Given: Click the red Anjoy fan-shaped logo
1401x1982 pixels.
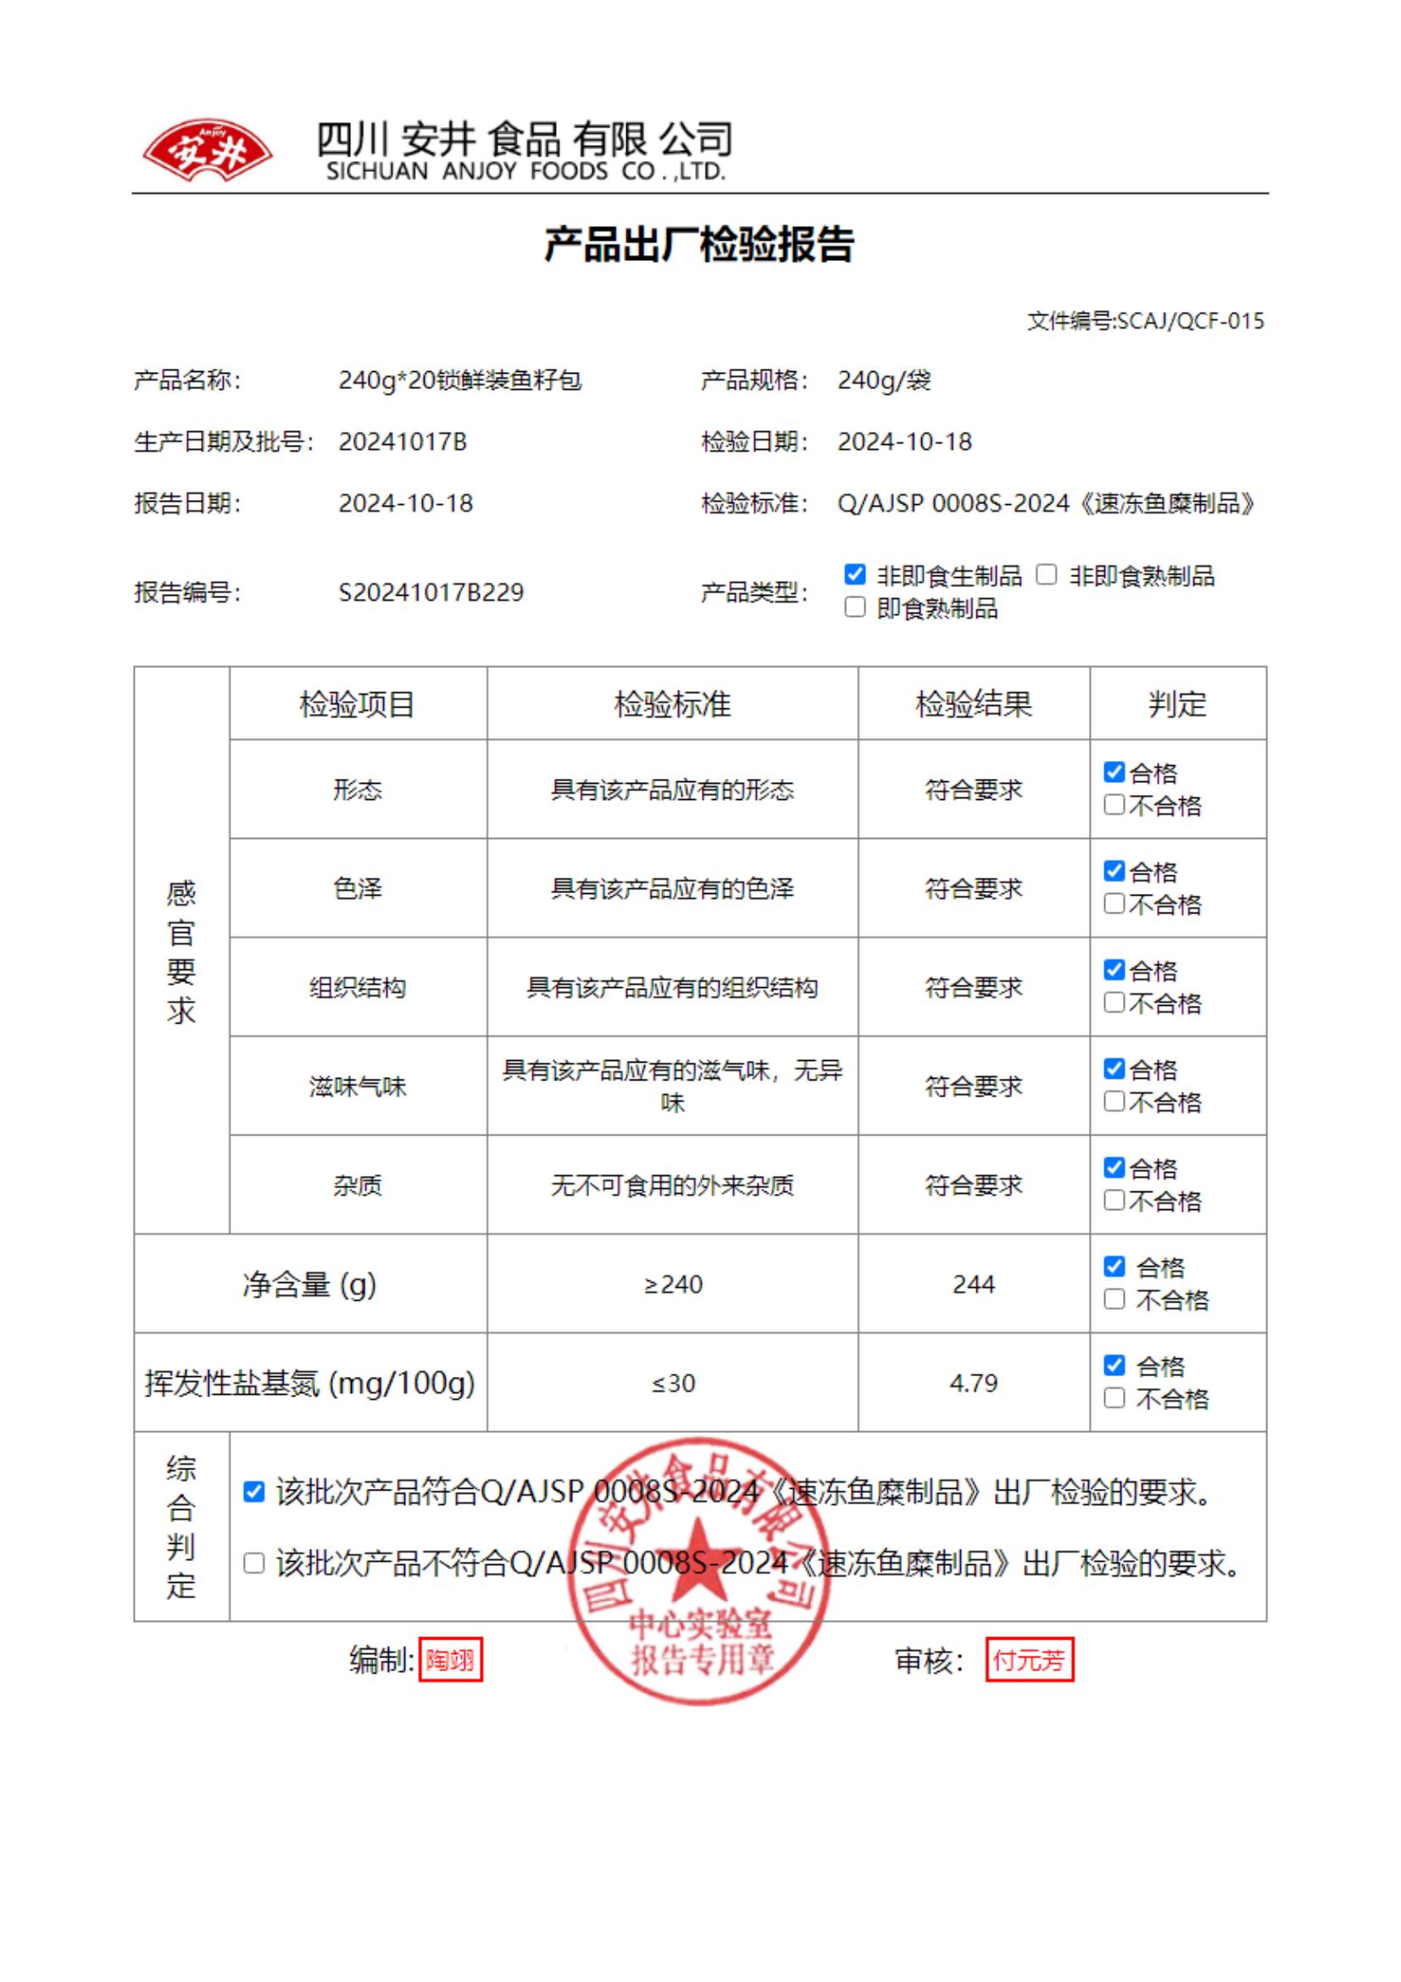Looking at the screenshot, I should click(x=207, y=151).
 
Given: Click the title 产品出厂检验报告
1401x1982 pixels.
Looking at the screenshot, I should click(x=699, y=244).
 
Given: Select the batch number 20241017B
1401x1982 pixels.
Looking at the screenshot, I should click(x=403, y=442).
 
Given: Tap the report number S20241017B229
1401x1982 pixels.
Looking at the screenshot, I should click(x=431, y=592).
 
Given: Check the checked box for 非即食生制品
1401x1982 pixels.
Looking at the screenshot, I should click(x=854, y=574).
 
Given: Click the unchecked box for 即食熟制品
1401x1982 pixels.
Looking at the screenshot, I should click(x=854, y=608).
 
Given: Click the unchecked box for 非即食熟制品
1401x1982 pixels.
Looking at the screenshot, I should click(x=1046, y=574).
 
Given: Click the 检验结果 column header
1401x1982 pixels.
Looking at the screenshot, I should click(x=973, y=704).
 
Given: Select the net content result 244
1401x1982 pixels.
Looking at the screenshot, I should click(x=973, y=1285).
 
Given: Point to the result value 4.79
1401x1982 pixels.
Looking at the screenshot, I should click(x=973, y=1383).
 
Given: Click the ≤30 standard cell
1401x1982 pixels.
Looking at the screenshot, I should click(x=672, y=1383).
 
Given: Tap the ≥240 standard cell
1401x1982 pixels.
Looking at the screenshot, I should click(x=672, y=1285).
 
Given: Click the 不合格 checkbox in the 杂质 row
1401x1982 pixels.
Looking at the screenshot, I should click(x=1115, y=1201).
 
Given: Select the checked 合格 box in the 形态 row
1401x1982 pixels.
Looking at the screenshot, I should click(x=1115, y=772).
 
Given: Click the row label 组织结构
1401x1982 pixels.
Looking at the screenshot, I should click(x=358, y=987).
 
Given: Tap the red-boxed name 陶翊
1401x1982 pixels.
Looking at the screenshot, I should click(x=450, y=1659).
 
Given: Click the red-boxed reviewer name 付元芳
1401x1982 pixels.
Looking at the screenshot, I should click(x=1029, y=1659).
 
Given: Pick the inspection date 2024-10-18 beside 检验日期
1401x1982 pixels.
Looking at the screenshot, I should click(x=903, y=442).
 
